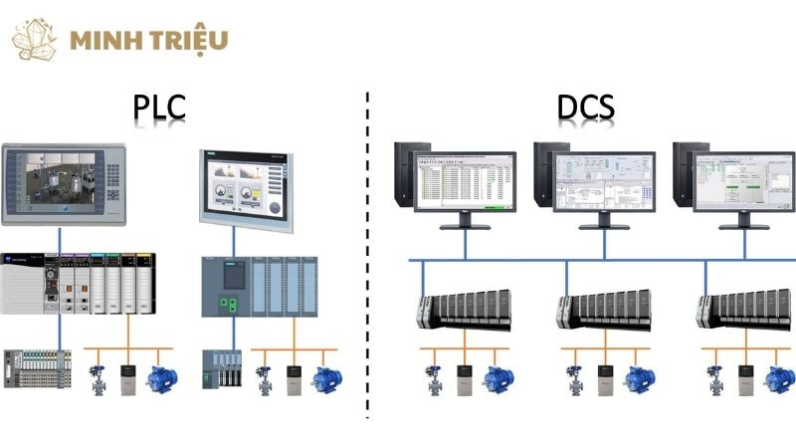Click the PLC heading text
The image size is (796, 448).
[159, 107]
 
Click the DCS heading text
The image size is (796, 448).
[586, 107]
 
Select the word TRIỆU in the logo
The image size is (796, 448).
[189, 41]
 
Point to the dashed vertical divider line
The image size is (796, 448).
[368, 249]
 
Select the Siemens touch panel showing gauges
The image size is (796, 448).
[245, 188]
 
